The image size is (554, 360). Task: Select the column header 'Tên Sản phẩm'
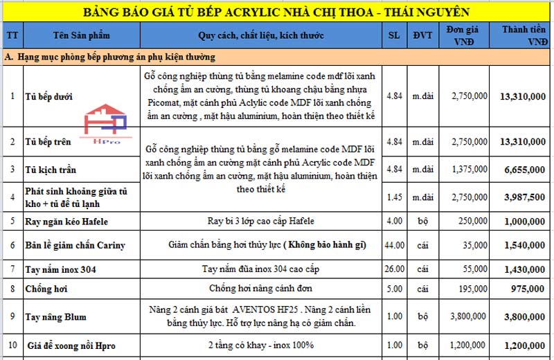(82, 36)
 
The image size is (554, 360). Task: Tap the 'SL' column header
(394, 36)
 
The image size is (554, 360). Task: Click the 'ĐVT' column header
(422, 36)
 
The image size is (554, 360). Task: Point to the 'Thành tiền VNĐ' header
(523, 36)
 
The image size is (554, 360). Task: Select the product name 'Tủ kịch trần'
(51, 170)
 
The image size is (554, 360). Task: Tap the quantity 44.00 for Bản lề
(394, 246)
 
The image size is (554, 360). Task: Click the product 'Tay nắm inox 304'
(60, 269)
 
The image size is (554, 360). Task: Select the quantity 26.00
(394, 269)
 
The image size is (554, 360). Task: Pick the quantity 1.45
(394, 197)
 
